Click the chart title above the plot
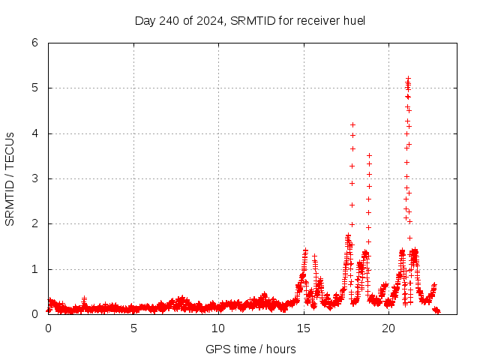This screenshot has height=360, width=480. click(250, 20)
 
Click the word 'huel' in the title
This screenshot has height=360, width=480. click(352, 20)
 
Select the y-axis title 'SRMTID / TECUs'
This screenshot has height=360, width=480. click(10, 178)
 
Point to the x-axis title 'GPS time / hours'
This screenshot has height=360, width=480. click(250, 349)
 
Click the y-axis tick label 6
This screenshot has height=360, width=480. click(34, 43)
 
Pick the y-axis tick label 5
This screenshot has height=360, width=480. click(34, 88)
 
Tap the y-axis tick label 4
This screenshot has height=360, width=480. click(34, 133)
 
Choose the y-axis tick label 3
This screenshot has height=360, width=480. click(34, 178)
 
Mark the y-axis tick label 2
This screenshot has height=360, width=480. click(34, 223)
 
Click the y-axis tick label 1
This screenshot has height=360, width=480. click(34, 269)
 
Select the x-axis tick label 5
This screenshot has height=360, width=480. click(133, 328)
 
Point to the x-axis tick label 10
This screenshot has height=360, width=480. click(218, 328)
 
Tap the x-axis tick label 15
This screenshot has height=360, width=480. click(304, 328)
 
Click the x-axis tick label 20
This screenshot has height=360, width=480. click(388, 328)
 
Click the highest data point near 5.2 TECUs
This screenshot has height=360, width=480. click(408, 78)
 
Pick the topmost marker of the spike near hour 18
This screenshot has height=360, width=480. click(352, 124)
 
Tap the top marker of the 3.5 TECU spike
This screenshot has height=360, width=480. click(369, 155)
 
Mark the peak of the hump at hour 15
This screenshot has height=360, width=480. click(305, 250)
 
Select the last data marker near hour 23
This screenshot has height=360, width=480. click(438, 311)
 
